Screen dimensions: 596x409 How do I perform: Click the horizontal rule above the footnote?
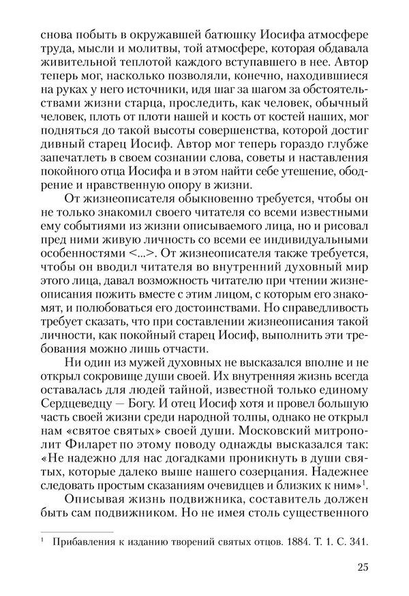click(x=76, y=530)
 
